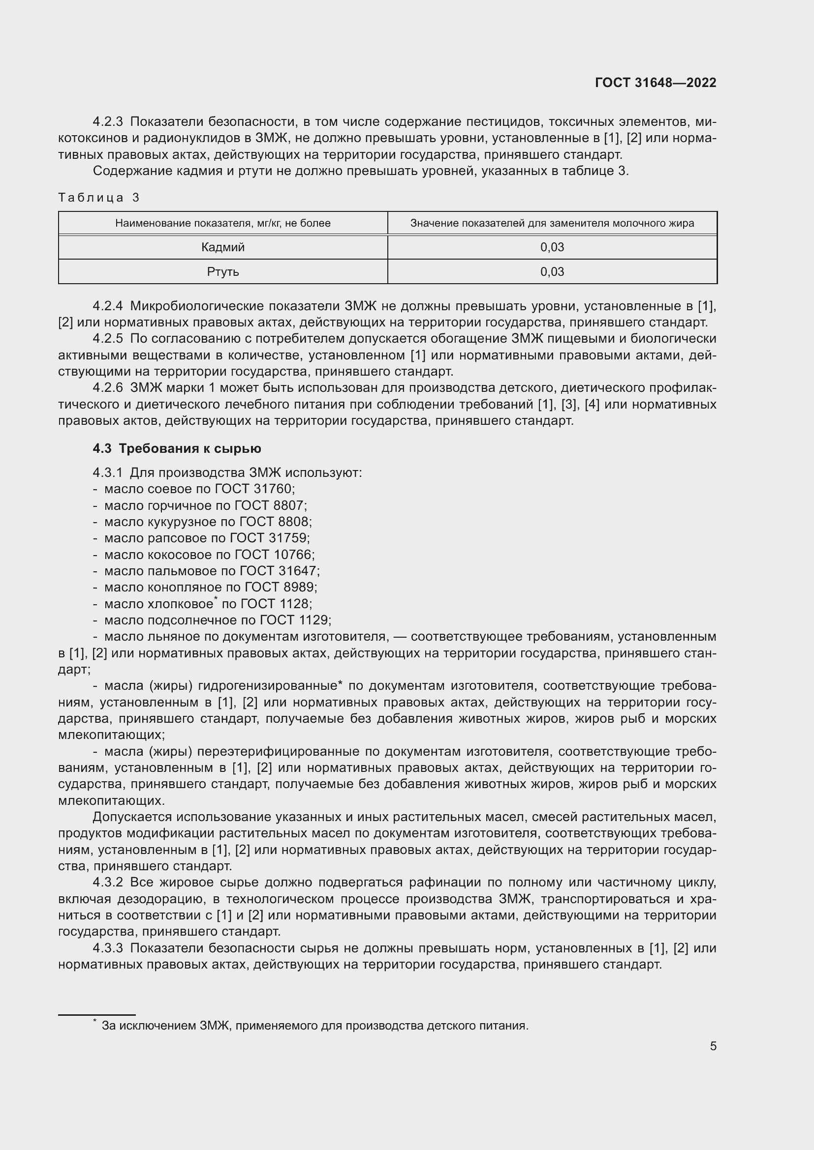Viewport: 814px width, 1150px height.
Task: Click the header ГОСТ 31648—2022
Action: tap(655, 83)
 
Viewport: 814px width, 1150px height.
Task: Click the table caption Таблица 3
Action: tap(99, 197)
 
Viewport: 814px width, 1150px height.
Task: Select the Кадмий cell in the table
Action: tap(222, 247)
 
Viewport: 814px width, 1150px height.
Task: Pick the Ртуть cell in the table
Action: tap(222, 271)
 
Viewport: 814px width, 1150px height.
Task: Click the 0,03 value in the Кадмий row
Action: tap(552, 247)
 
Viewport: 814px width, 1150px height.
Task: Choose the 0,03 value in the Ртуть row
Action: tap(552, 271)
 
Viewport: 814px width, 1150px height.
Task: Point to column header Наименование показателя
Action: tap(222, 223)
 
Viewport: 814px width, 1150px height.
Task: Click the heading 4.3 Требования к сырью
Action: tap(177, 448)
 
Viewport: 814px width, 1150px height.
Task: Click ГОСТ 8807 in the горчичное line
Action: tap(270, 505)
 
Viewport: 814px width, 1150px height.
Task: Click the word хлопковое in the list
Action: tap(181, 604)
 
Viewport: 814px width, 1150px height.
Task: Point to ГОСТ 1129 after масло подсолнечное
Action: tap(294, 620)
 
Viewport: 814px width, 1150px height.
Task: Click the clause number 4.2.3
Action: tap(107, 122)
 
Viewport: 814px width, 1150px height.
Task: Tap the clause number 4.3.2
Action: tap(107, 882)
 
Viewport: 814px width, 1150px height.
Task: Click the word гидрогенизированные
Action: tap(268, 685)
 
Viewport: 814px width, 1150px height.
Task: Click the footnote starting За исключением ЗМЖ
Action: tap(315, 1025)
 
